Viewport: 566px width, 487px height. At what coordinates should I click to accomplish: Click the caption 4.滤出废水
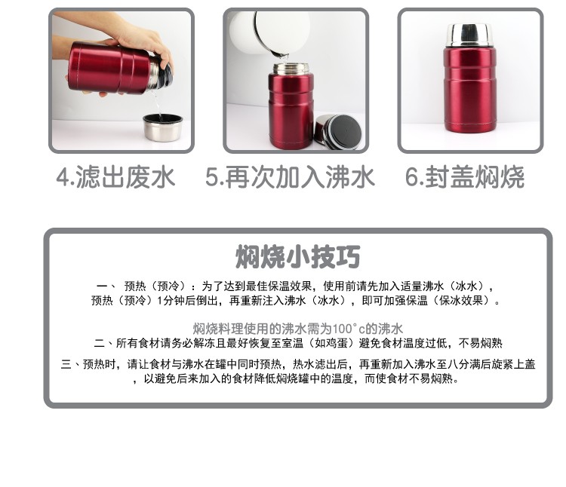click(115, 177)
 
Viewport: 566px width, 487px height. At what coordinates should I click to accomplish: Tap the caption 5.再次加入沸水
click(290, 177)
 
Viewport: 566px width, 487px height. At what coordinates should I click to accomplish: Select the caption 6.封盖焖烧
click(465, 177)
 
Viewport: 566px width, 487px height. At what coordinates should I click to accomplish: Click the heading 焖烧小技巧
click(298, 256)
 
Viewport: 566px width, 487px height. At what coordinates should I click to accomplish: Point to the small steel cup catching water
click(162, 127)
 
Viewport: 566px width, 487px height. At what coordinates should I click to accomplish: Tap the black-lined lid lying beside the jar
click(338, 132)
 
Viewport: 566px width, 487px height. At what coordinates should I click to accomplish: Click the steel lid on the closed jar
click(469, 35)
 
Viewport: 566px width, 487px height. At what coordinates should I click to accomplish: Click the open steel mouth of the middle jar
click(291, 68)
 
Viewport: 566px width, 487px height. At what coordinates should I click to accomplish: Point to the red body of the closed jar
click(469, 90)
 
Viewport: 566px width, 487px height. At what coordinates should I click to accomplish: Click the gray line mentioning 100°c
click(298, 329)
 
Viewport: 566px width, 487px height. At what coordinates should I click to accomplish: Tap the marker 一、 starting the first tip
click(105, 286)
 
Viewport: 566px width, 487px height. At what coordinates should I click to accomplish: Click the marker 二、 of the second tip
click(103, 343)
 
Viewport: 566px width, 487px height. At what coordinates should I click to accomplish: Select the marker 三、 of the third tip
click(70, 364)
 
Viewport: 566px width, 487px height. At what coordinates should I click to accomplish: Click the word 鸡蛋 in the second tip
click(336, 343)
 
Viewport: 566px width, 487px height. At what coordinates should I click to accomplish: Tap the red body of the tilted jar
click(108, 68)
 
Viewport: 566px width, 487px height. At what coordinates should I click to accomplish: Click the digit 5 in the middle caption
click(211, 177)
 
